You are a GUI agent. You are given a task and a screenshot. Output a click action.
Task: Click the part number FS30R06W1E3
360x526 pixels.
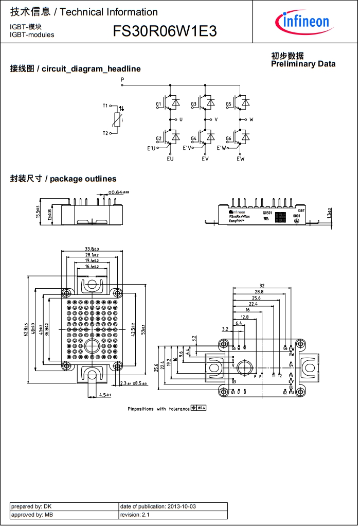(165, 32)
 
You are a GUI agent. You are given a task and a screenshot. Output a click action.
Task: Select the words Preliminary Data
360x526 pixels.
(303, 64)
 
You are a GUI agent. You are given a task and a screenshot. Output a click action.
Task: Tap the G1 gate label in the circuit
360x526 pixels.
(158, 104)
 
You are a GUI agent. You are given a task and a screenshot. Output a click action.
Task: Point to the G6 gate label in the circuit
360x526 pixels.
(228, 139)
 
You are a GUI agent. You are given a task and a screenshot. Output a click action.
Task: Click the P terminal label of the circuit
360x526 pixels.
(122, 79)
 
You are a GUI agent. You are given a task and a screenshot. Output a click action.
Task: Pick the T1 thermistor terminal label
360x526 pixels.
(105, 106)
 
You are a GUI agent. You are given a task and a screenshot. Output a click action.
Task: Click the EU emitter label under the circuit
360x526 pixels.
(170, 159)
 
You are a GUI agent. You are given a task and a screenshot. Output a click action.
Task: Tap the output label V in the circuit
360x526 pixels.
(216, 119)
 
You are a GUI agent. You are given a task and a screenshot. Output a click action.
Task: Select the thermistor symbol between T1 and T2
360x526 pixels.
(119, 120)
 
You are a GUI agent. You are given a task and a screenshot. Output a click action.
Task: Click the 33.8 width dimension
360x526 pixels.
(92, 249)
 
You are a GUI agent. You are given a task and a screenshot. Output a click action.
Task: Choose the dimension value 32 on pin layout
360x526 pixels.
(262, 286)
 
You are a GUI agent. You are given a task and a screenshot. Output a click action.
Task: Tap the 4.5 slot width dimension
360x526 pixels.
(105, 395)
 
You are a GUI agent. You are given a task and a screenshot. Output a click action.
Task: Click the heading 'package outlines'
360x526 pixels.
(83, 179)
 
